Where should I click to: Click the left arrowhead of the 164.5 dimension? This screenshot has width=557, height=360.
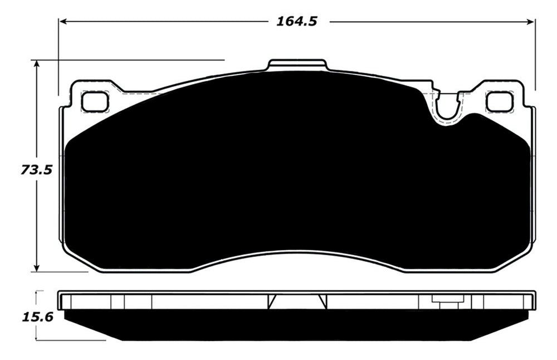coord(63,22)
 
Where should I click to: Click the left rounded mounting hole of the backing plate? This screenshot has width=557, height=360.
coord(94,101)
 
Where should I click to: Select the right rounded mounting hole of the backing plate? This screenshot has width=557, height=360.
coord(499,101)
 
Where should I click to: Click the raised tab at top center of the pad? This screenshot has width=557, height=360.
coord(297,65)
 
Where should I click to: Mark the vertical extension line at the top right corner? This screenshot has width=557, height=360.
coord(535,56)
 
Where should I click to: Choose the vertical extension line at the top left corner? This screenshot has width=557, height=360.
coord(58,56)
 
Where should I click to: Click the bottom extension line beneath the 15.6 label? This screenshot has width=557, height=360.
coord(70,340)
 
